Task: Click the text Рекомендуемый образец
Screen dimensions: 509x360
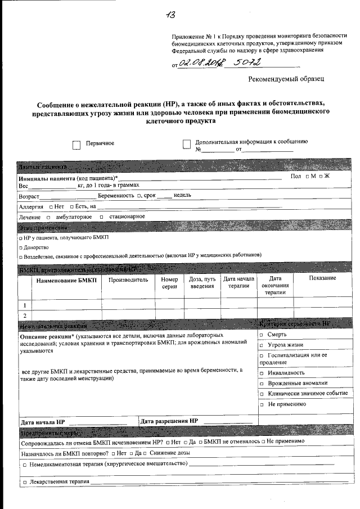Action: [x=286, y=79]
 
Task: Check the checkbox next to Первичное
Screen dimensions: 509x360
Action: [x=76, y=145]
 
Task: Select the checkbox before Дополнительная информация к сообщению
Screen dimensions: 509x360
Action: [x=187, y=144]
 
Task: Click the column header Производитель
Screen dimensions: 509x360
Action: [x=128, y=279]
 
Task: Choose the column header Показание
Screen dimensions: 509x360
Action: [x=322, y=278]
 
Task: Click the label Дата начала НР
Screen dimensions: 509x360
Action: [x=43, y=421]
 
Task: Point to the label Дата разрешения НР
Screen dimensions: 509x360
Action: [x=169, y=421]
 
